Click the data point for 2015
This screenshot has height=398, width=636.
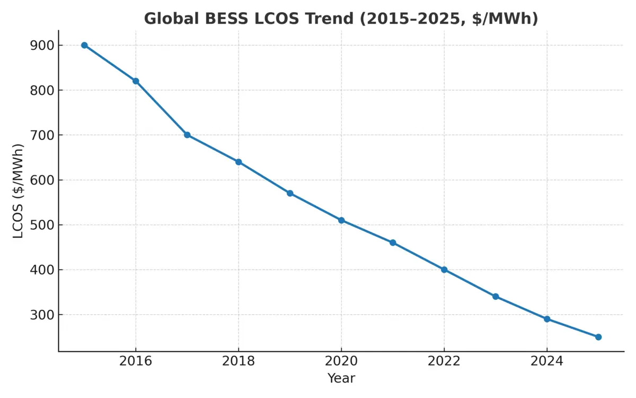(x=84, y=45)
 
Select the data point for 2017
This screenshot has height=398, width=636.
(x=187, y=135)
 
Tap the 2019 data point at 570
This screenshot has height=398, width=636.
(x=290, y=193)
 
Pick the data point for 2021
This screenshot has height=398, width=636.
(x=393, y=243)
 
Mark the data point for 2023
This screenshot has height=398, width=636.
(x=496, y=297)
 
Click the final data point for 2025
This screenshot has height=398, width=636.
(x=598, y=337)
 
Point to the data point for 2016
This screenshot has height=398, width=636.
(x=136, y=81)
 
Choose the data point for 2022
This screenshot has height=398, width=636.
(x=444, y=270)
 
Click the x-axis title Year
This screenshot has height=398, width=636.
(x=341, y=378)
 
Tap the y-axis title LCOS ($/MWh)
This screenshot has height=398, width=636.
(x=18, y=191)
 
